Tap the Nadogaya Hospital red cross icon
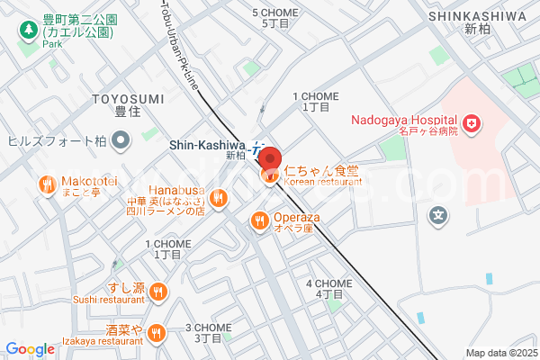pos(471,121)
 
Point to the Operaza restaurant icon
pos(259,219)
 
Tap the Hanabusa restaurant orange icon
pos(220,198)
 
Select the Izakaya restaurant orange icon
pos(157,333)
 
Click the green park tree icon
pos(28,30)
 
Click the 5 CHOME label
pos(277,13)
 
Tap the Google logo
pos(30,349)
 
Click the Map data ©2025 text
pos(500,353)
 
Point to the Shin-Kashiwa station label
pos(206,144)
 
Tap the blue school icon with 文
pos(438,216)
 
